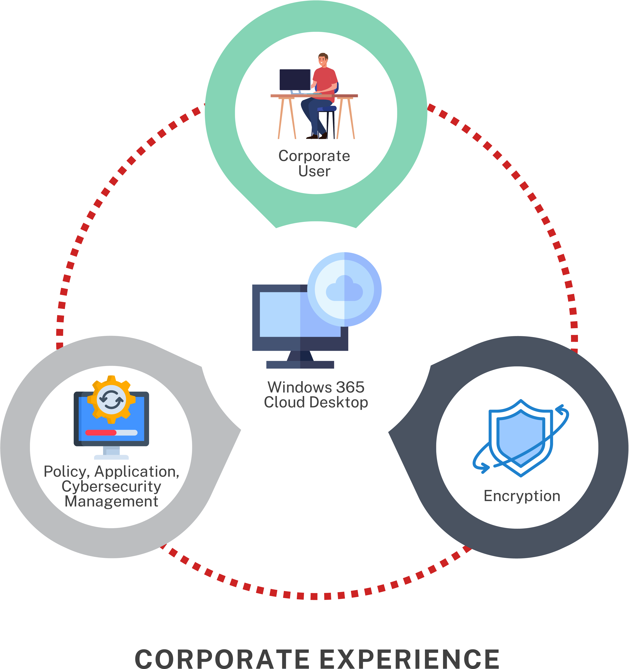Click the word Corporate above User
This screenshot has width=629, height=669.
(x=314, y=156)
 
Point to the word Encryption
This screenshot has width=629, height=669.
(x=522, y=496)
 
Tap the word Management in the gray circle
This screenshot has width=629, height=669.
(x=111, y=501)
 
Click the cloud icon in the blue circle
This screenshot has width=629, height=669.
(x=344, y=288)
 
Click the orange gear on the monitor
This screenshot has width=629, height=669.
(x=111, y=399)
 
